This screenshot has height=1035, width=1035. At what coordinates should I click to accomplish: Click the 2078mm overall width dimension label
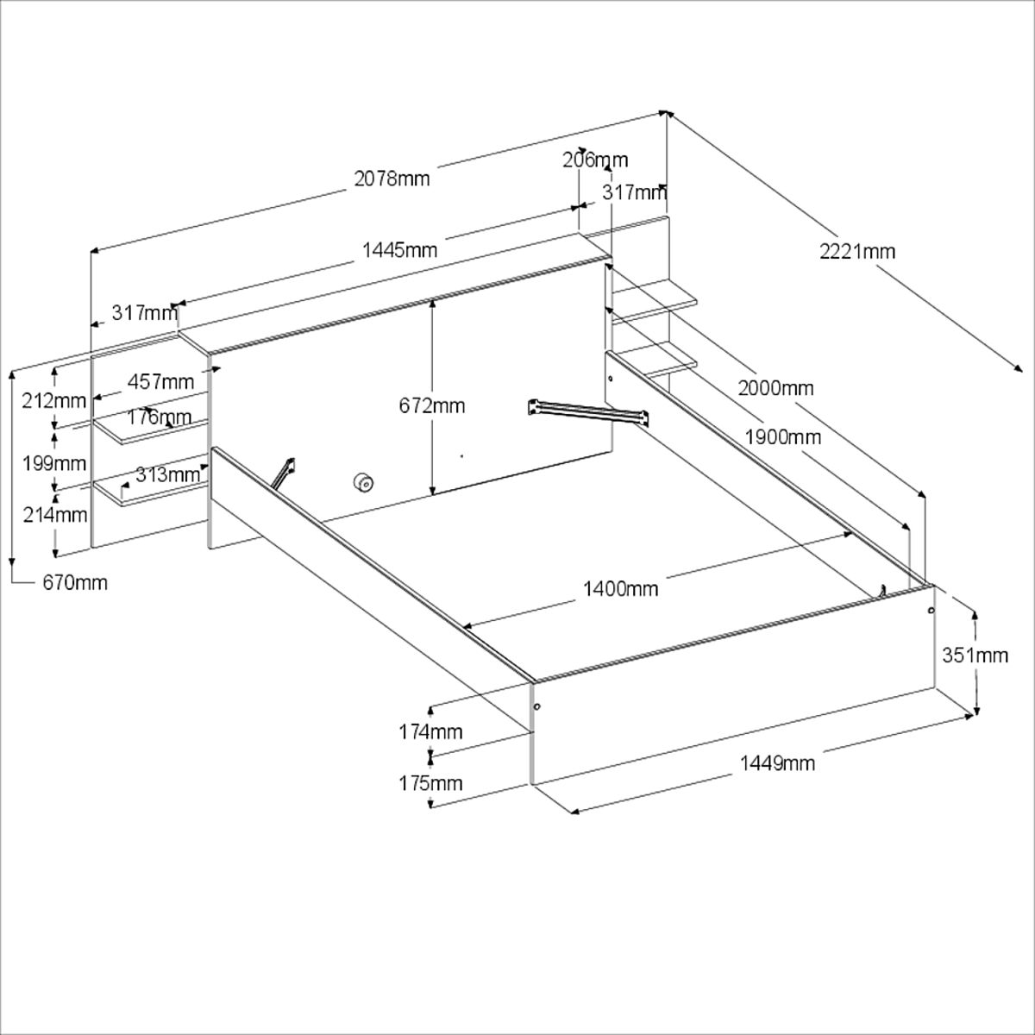(x=392, y=179)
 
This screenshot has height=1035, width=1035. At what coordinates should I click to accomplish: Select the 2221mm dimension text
(x=857, y=252)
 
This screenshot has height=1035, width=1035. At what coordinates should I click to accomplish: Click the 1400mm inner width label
(x=620, y=589)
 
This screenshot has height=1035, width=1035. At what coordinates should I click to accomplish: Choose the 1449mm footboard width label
(x=777, y=762)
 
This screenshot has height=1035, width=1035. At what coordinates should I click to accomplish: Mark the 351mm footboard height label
(x=975, y=655)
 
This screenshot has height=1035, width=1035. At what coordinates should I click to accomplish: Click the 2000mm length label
(x=775, y=388)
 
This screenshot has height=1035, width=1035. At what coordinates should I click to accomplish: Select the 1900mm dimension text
(x=784, y=436)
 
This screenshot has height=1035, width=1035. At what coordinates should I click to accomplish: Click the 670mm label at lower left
(x=75, y=583)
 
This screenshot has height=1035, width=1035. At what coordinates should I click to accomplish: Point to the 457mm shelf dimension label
(x=160, y=381)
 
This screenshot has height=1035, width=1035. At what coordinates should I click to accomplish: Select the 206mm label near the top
(x=595, y=160)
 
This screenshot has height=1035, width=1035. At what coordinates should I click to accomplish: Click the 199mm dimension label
(x=54, y=463)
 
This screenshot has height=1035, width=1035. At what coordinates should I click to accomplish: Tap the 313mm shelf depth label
(x=167, y=474)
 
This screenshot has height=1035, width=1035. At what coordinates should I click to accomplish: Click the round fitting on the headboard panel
(x=362, y=483)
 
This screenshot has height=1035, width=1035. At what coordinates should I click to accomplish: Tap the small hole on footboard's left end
(x=536, y=706)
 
